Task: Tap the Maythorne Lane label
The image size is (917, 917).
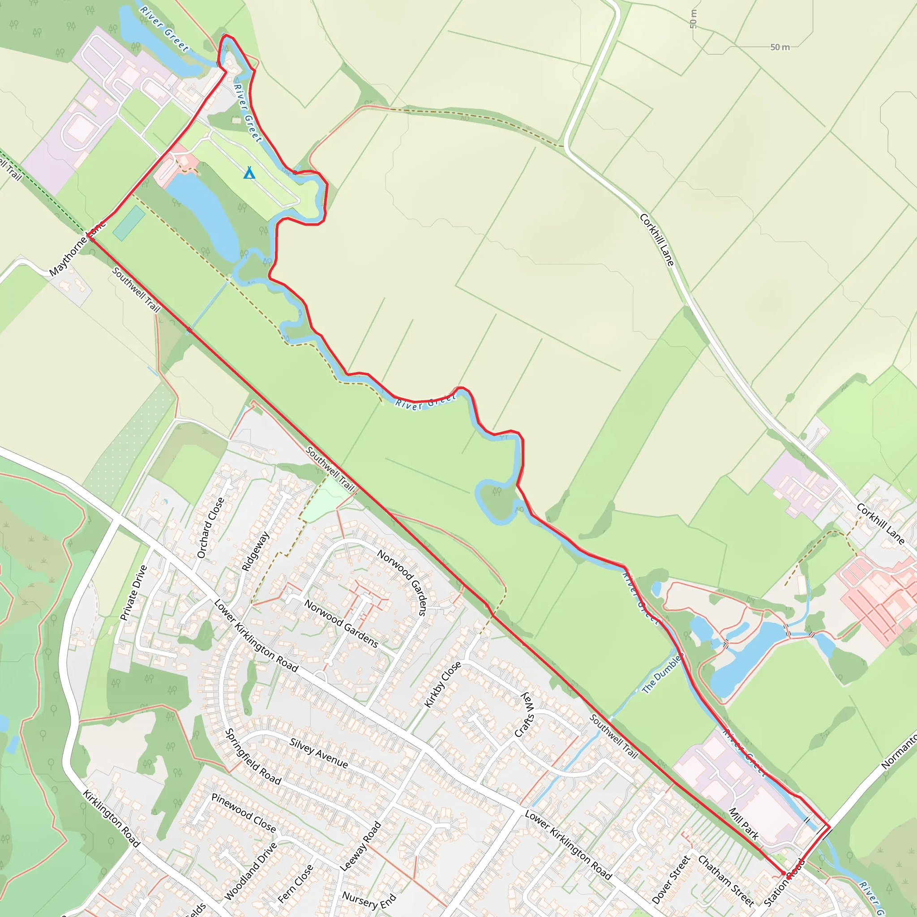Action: click(77, 249)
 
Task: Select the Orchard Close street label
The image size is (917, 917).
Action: click(210, 528)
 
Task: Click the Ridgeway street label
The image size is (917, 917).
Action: click(256, 551)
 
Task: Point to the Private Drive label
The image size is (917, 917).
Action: click(134, 593)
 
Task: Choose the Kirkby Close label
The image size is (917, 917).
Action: click(442, 685)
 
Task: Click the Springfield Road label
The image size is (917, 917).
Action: click(253, 757)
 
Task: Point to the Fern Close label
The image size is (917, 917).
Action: click(295, 883)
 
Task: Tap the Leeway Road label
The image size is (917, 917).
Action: click(361, 846)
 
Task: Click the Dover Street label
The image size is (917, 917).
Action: click(671, 879)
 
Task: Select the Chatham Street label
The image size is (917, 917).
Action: click(726, 880)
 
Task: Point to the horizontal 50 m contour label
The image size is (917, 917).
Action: click(780, 47)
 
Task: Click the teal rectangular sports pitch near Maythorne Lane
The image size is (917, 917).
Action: click(129, 223)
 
